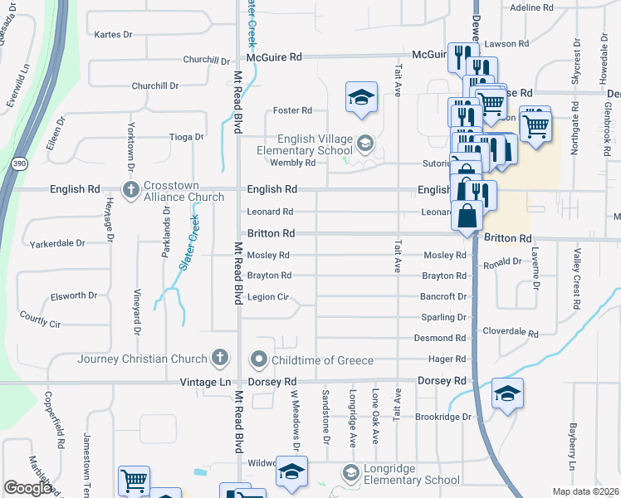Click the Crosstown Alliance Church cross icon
(x=131, y=189)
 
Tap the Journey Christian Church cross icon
(x=220, y=359)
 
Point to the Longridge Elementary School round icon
(x=350, y=473)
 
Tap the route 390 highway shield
(x=19, y=163)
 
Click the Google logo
(x=27, y=488)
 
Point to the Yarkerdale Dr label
(x=57, y=243)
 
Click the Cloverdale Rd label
(x=511, y=334)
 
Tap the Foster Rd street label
(x=292, y=110)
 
